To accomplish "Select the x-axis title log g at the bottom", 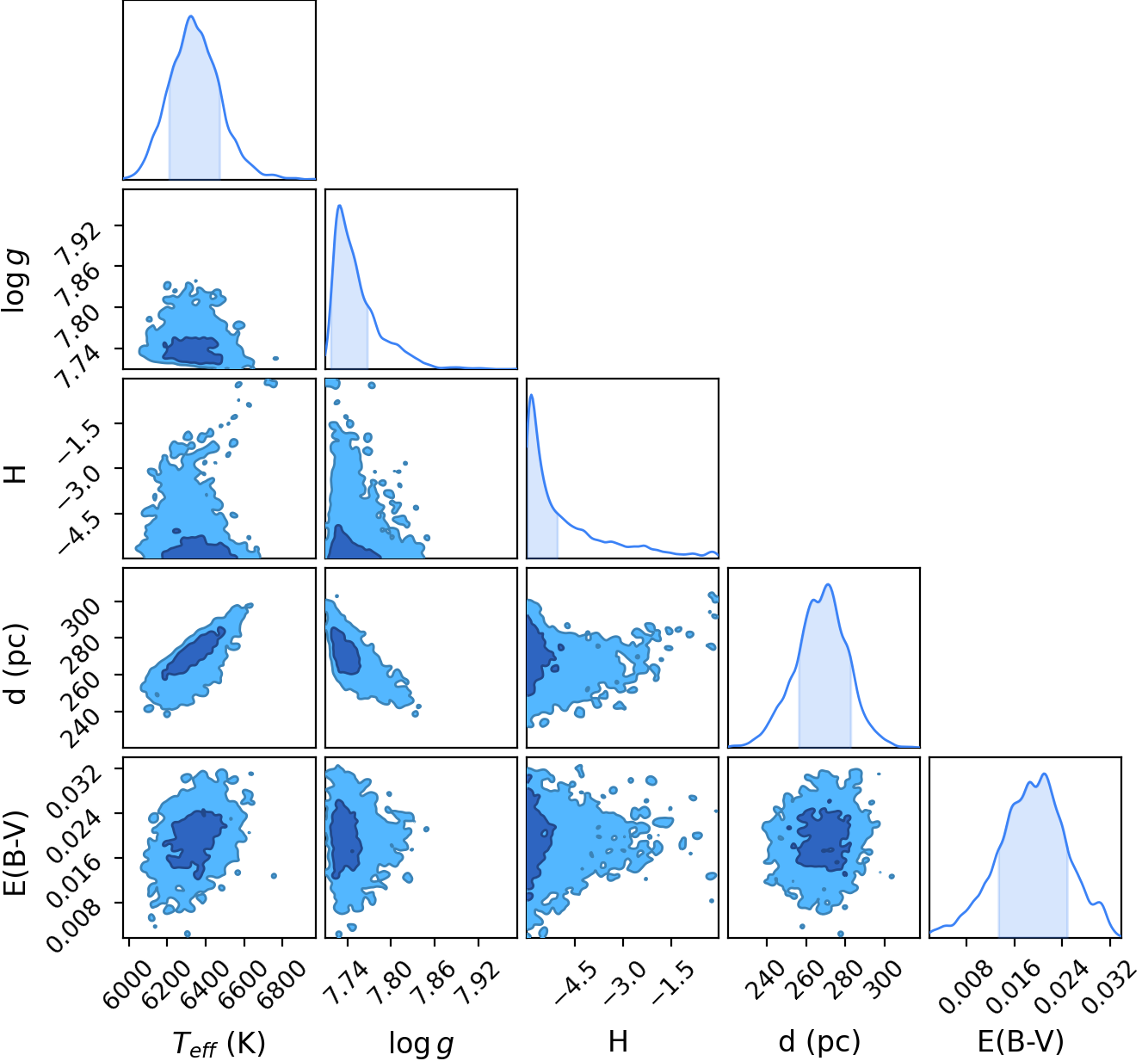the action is (422, 1043).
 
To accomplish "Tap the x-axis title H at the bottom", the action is (618, 1041).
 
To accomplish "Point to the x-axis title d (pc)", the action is (819, 1041).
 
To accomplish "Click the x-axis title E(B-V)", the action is (1021, 1041).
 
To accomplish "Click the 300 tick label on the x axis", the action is (884, 978).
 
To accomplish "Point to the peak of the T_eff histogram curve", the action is (191, 15).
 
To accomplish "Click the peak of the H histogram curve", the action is (532, 394).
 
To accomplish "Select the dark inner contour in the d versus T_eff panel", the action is (193, 655).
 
